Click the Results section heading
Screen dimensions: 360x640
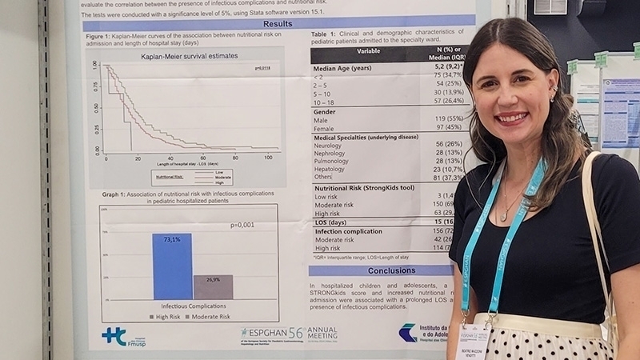coord(278,23)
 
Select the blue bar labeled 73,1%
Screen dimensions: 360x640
coord(172,266)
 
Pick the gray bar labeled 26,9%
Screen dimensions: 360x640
coord(213,287)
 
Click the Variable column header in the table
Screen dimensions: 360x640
coord(368,50)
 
